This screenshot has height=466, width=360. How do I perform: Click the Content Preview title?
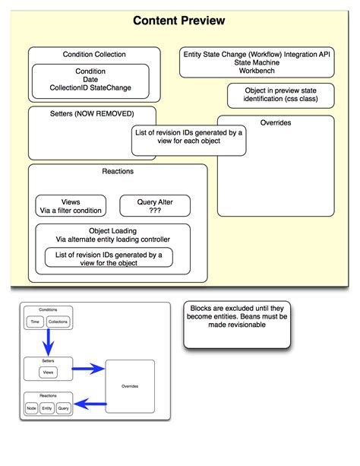tap(178, 21)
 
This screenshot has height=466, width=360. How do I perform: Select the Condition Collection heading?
tap(94, 55)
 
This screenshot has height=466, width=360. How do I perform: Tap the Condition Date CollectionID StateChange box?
tap(91, 80)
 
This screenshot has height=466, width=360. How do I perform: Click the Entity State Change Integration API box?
tap(257, 62)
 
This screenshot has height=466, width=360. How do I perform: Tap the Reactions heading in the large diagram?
tap(118, 171)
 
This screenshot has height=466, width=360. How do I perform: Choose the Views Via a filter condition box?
tap(71, 206)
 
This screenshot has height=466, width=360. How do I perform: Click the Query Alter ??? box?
tap(155, 206)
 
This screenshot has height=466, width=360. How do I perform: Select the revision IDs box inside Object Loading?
tap(109, 258)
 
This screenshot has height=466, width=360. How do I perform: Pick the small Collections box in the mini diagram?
tap(58, 322)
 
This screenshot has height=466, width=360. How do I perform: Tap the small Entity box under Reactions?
tap(46, 408)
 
